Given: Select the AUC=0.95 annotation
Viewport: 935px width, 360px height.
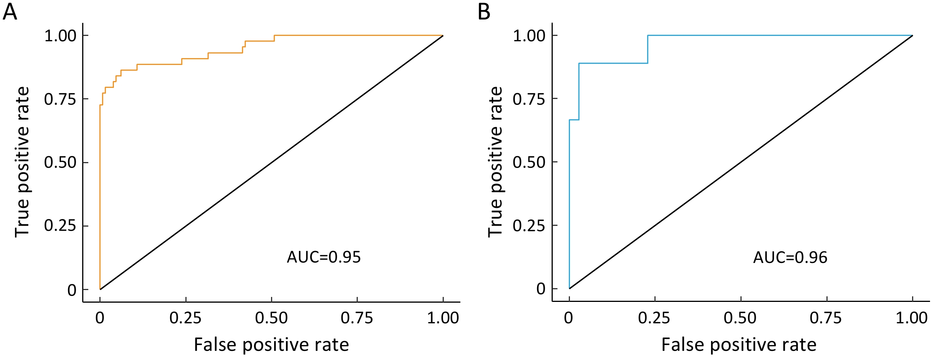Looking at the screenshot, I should pos(324,257).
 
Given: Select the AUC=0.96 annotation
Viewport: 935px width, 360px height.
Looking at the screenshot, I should pos(790,258).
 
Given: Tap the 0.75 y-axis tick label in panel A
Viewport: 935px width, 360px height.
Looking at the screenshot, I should pos(60,99).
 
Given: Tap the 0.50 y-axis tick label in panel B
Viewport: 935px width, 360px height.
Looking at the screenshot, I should pos(529,162).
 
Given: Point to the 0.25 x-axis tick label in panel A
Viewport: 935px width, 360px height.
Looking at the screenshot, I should pos(185,318).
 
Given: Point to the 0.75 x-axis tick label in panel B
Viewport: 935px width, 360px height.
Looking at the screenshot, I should pos(826,318).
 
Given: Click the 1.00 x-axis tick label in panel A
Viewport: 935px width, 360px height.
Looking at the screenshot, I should pos(443,318).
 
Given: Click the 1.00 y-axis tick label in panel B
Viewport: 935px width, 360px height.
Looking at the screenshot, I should pos(529,36).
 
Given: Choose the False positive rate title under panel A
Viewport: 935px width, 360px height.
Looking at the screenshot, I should pos(271,345).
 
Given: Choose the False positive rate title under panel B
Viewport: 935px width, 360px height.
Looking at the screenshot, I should pos(739,345).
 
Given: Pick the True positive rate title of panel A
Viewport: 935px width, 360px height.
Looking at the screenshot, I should pos(22,162).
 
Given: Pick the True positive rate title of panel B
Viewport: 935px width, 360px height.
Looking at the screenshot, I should pos(495,162).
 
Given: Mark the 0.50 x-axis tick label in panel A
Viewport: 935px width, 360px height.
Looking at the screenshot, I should pos(271,318).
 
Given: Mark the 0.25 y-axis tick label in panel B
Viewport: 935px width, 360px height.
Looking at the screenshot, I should pos(529,226).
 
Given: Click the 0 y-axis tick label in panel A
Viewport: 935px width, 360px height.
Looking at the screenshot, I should pos(72,290).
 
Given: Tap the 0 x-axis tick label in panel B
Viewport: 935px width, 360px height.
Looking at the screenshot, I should pos(568,318).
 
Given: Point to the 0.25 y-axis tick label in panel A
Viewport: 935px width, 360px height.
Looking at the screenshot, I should pos(60,226).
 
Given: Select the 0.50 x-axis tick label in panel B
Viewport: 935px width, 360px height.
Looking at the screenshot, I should pos(740,318).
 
